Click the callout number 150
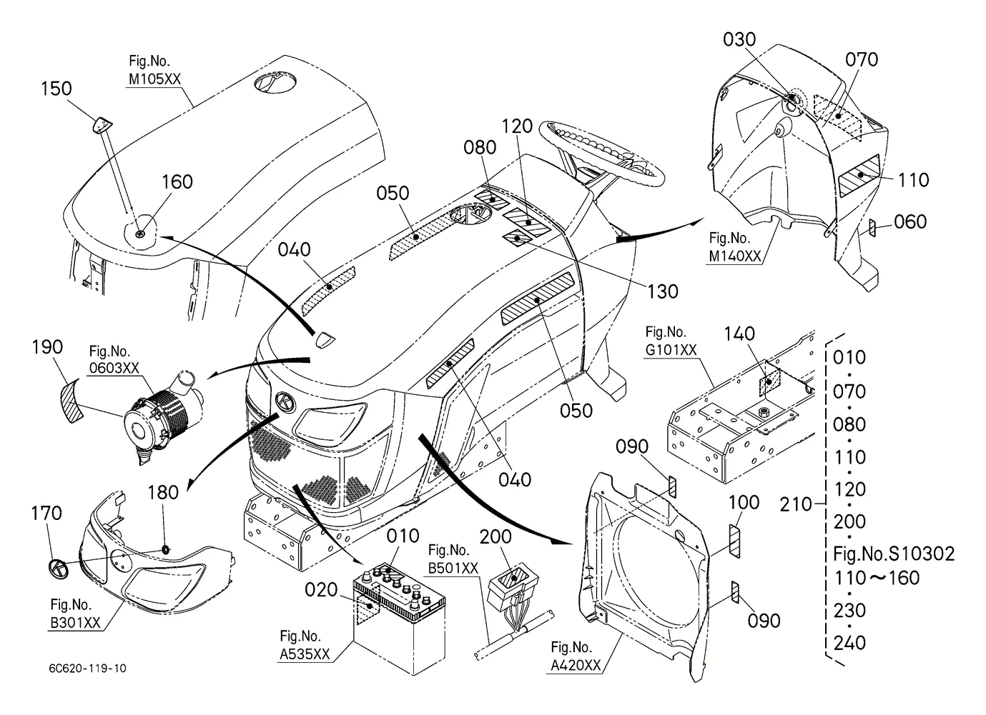point(56,89)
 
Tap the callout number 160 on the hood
point(177,181)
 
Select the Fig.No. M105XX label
point(154,70)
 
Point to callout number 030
point(739,39)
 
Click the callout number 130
point(663,291)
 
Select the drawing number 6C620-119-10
point(88,669)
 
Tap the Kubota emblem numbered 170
point(58,569)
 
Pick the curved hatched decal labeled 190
point(72,402)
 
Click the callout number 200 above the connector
point(496,537)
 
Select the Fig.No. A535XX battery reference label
point(305,645)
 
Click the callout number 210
point(795,504)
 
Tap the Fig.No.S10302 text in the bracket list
point(894,554)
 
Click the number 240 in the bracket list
point(849,643)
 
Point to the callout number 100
point(744,502)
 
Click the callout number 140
point(739,334)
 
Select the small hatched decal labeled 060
point(872,229)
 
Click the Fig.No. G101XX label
point(671,341)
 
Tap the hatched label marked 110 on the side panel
point(859,176)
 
